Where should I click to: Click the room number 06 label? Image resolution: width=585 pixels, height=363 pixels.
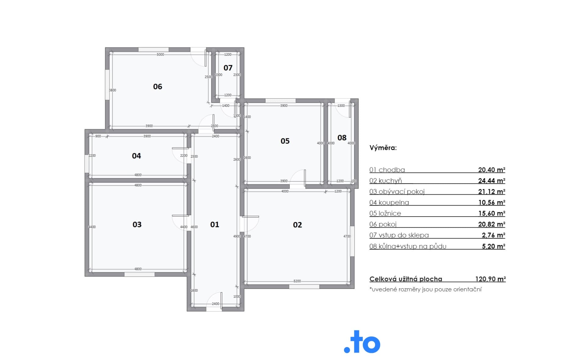coord(158,87)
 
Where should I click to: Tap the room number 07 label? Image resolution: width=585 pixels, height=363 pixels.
coord(228,68)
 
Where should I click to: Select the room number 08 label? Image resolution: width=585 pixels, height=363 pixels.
coord(342,138)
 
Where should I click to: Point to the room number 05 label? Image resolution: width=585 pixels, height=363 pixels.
coord(285,141)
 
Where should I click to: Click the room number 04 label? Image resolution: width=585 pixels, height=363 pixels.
coord(136,156)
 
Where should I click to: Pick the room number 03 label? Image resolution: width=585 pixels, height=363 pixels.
coord(137,225)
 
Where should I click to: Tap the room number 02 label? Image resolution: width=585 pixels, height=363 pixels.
coord(297,225)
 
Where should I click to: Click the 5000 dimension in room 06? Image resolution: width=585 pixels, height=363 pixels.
coord(160,55)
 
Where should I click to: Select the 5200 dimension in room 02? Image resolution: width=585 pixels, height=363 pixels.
coord(297,281)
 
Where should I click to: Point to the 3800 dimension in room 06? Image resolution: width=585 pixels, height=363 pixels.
coord(112,90)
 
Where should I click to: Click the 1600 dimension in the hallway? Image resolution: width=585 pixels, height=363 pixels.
coord(194,290)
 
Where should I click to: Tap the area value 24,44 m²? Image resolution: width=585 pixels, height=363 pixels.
coord(491,181)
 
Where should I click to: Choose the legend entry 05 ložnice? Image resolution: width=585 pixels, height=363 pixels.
coord(385,213)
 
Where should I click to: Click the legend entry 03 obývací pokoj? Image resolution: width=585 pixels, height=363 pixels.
coord(397,192)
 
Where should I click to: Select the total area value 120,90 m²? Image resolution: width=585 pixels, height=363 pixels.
coord(491,279)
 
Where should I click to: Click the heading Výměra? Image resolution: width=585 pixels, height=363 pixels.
coord(383,148)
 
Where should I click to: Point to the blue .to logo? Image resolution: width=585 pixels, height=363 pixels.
coord(362,342)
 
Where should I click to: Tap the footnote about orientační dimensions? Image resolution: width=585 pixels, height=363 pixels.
coord(425,289)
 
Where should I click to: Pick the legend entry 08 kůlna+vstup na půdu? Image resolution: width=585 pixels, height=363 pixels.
coord(408,246)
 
